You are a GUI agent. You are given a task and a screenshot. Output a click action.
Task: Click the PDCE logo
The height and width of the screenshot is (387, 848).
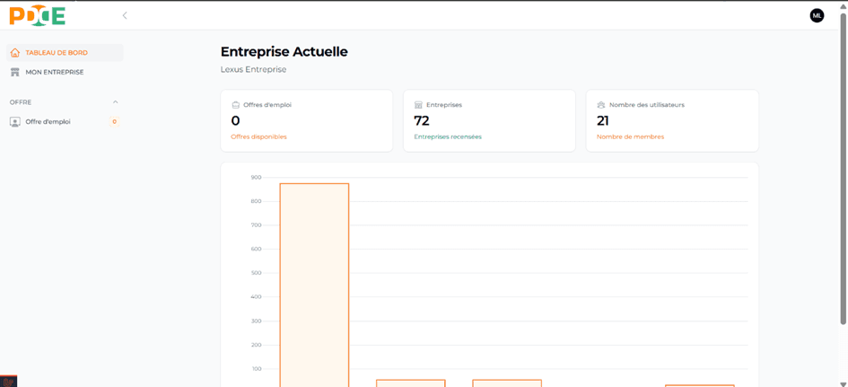[x=38, y=15]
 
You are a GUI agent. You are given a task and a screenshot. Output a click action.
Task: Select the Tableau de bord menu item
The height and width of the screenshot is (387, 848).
[x=57, y=53]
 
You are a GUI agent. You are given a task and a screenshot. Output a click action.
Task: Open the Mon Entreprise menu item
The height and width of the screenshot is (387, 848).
[x=54, y=72]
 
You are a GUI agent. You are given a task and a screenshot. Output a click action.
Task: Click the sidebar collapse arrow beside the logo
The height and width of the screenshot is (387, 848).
[x=125, y=15]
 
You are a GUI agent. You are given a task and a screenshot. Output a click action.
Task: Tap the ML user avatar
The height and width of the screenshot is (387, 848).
[x=817, y=15]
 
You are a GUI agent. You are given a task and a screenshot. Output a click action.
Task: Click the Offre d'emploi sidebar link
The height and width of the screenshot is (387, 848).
[x=48, y=121]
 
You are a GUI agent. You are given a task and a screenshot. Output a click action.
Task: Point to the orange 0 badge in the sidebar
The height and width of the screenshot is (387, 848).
[x=114, y=121]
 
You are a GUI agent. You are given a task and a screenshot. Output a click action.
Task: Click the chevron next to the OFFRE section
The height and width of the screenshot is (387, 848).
[x=115, y=102]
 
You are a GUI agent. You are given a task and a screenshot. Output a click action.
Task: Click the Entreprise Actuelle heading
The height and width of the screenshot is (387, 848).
[x=284, y=52]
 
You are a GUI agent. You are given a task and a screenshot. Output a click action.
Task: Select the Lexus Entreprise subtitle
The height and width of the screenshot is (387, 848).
[x=253, y=69]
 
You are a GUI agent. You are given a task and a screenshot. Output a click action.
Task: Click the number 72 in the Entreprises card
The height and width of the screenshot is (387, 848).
[x=422, y=120]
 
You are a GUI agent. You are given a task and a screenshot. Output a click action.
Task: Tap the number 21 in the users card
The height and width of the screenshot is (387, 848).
[x=603, y=120]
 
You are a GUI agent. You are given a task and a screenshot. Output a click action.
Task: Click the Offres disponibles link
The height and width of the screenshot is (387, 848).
[x=258, y=136]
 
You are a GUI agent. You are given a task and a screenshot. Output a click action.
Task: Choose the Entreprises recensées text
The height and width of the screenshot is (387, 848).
[x=448, y=136]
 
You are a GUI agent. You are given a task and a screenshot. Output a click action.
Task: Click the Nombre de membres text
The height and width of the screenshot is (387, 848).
[x=630, y=136]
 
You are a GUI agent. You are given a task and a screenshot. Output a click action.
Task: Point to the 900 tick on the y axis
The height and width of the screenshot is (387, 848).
[x=256, y=177]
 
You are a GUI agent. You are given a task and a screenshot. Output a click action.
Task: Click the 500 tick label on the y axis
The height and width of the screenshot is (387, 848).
[x=256, y=273]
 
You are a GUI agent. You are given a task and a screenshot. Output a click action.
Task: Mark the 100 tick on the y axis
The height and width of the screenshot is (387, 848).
[x=256, y=369]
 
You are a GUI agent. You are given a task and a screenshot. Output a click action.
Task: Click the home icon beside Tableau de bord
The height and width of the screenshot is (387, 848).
[x=15, y=53]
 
